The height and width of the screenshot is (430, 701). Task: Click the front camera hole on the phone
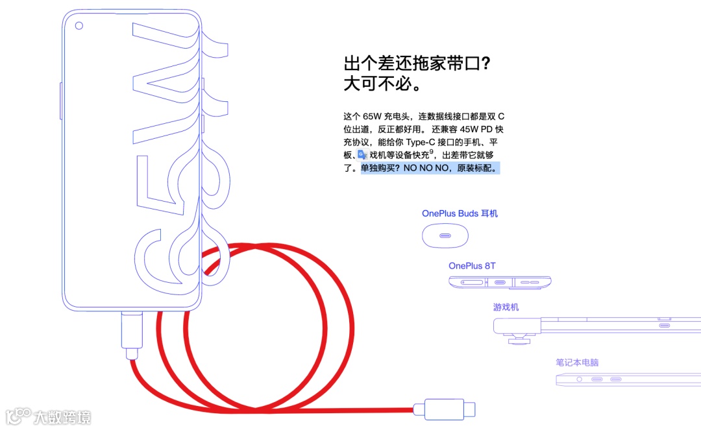coord(79,26)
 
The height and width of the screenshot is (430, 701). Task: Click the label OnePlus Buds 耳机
coord(460,213)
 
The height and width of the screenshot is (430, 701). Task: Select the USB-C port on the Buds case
coord(445,235)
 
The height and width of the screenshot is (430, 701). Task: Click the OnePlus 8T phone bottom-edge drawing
coord(500,283)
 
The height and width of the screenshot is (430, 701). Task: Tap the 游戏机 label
coord(506,307)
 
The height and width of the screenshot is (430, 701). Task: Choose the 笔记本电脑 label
coord(577,363)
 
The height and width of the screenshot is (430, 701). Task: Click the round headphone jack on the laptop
coord(579,379)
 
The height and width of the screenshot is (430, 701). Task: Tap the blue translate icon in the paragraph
coord(362,155)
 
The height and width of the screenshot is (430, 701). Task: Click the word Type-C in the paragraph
coord(424,142)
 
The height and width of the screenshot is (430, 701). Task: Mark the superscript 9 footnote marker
coord(432,152)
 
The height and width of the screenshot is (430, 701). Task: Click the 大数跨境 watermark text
coord(63,417)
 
